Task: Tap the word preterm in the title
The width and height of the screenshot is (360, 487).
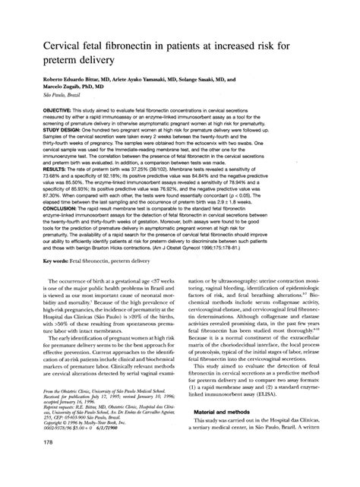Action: pyautogui.click(x=54, y=54)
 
